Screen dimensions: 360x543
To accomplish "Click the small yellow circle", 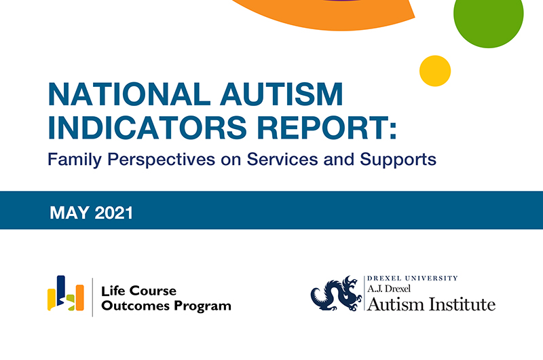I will (x=435, y=71).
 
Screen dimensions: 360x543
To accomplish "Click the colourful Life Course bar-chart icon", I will (x=65, y=296).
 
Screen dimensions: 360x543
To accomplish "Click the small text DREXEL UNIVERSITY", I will (x=412, y=278).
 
